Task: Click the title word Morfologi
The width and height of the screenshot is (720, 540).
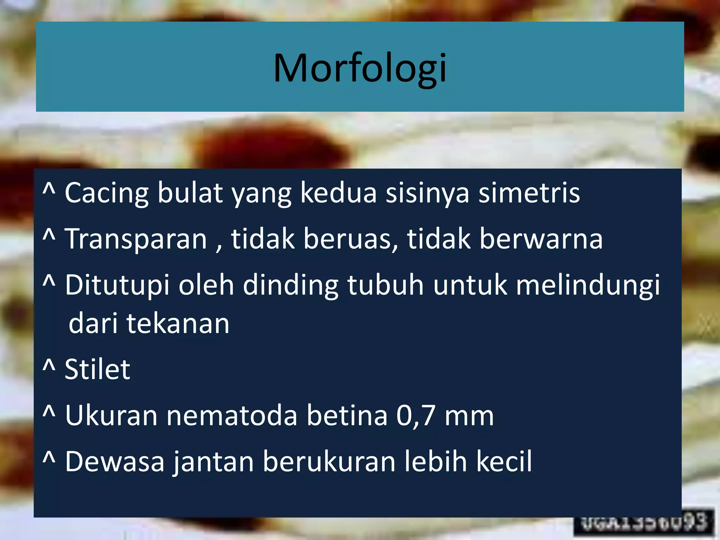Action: pos(360,68)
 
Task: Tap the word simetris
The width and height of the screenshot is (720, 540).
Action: pos(529,193)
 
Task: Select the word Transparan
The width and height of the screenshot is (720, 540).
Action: pos(136,239)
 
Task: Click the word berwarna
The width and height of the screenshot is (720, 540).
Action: pos(541,239)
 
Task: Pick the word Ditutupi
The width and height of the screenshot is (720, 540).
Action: pos(117,285)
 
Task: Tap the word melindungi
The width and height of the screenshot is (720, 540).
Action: pos(588,285)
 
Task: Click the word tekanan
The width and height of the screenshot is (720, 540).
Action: pos(178,323)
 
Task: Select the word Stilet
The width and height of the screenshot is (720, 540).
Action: pos(97,369)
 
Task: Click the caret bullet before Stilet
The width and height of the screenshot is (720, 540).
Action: pos(49,366)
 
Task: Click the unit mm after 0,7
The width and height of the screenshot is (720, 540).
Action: pos(469,416)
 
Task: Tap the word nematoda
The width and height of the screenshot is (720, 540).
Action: pos(232,416)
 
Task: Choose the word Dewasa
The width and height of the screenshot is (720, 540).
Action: pos(115,462)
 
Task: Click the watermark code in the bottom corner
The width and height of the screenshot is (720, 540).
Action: pos(643,523)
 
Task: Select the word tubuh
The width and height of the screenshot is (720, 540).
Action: pos(386,285)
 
